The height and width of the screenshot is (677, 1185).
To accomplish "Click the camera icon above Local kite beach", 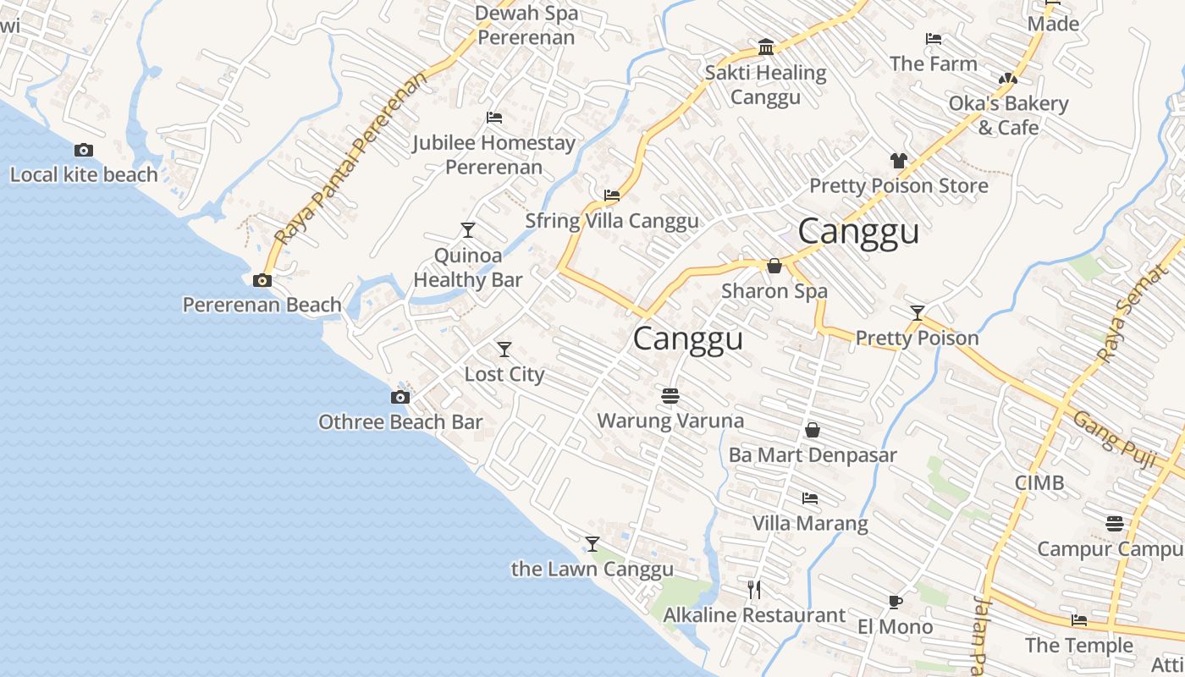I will click(84, 151).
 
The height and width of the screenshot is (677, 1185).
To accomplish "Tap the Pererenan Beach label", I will click(262, 305).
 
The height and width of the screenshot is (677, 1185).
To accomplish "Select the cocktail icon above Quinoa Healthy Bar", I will click(467, 230).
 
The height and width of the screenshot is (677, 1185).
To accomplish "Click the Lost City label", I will click(504, 374).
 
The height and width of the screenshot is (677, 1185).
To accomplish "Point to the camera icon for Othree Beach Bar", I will click(400, 397).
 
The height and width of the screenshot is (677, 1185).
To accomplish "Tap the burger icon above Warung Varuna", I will click(670, 395).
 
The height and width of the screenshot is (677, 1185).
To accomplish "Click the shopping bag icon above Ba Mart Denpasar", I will click(813, 430).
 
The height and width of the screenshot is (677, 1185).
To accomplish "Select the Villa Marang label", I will click(810, 523).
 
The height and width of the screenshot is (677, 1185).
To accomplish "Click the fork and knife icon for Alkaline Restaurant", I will click(754, 589).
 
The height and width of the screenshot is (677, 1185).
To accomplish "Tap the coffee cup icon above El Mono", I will click(895, 602).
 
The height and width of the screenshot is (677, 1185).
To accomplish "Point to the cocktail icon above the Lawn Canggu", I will click(592, 543).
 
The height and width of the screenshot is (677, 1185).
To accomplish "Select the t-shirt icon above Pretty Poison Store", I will click(898, 160).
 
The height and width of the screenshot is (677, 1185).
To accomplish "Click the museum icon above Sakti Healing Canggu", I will click(766, 47).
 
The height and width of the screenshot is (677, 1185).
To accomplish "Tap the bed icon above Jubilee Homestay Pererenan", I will click(494, 118).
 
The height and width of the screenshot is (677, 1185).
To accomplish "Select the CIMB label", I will click(1039, 482).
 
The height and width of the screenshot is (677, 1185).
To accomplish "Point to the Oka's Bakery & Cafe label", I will click(1008, 115).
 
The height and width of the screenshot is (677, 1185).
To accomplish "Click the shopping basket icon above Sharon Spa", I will click(774, 267).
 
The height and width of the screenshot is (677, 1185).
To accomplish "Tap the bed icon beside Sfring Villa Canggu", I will click(612, 195).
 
